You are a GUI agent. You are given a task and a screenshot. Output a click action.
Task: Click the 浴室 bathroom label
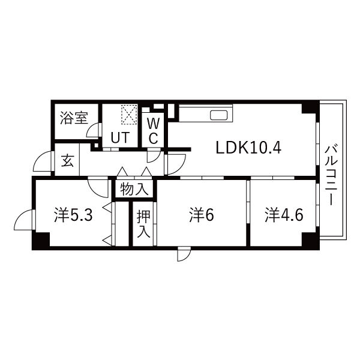click(x=74, y=118)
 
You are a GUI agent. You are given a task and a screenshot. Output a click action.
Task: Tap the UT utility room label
click(x=121, y=137)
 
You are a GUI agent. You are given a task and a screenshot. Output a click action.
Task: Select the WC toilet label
click(x=153, y=131)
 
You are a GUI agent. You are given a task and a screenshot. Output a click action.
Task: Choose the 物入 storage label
click(x=134, y=190)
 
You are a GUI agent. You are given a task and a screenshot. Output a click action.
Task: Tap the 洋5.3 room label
click(x=73, y=215)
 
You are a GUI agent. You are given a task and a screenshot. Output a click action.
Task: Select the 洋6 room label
click(x=202, y=215)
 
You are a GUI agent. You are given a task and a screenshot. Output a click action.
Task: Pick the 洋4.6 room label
click(x=284, y=215)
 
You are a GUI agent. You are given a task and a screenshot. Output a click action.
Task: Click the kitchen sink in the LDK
click(x=219, y=115)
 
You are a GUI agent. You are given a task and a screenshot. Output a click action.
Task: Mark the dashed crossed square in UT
click(x=129, y=115)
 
